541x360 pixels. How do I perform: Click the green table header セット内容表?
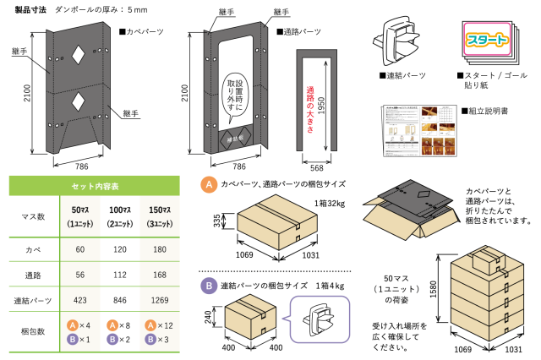coord(90,185)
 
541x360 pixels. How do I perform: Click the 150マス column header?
coord(157,215)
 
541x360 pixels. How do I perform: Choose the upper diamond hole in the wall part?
coord(78,56)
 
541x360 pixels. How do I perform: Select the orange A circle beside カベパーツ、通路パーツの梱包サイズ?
coord(207,183)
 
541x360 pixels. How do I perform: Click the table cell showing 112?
coord(118,274)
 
